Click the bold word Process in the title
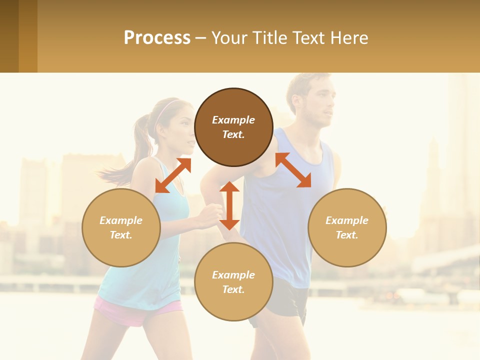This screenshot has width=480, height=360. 157,38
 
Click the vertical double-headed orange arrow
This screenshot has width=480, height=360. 229,205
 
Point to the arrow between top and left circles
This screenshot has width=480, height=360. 173,175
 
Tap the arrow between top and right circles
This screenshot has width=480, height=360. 293,170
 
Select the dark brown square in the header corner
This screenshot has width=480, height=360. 9,36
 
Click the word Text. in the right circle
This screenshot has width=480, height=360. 347,234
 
